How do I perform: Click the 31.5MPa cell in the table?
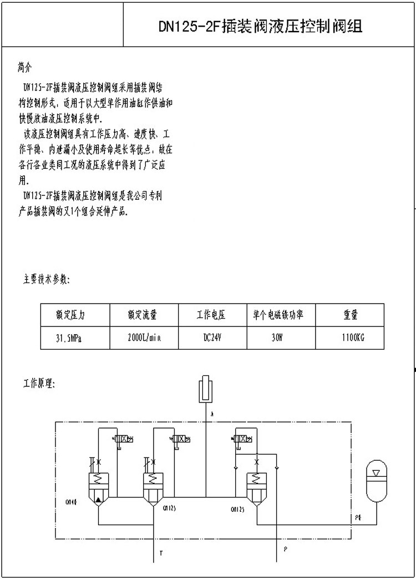(x=68, y=338)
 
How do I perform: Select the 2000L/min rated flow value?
(x=144, y=338)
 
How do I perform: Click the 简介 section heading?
(x=26, y=68)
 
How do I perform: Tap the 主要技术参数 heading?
(x=47, y=279)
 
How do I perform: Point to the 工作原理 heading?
(x=39, y=384)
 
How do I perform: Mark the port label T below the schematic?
(x=161, y=553)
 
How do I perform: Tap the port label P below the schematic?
(x=285, y=549)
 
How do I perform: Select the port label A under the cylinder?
(x=211, y=414)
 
